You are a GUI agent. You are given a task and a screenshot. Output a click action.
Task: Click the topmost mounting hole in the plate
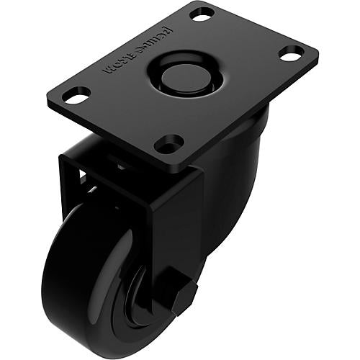tap(202, 14)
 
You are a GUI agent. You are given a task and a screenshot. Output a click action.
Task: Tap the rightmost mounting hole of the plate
tap(291, 53)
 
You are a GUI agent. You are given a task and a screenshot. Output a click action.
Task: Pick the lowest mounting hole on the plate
tap(168, 143)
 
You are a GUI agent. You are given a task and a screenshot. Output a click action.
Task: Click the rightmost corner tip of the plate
tap(318, 52)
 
